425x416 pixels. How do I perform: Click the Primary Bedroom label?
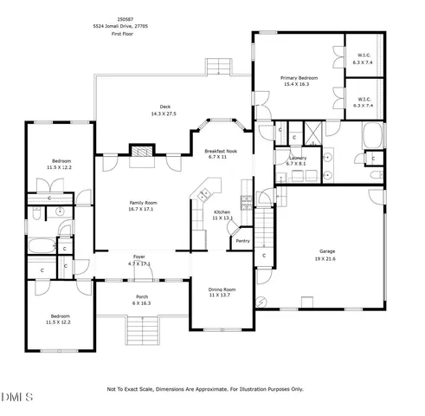tap(299, 79)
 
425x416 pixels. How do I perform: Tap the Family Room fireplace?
tap(141, 152)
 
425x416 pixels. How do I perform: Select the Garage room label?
tap(326, 251)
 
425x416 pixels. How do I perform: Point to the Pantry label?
tap(242, 241)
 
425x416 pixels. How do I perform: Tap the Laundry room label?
tap(298, 158)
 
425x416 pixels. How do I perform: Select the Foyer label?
tap(138, 257)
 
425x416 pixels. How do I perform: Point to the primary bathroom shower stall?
tap(309, 135)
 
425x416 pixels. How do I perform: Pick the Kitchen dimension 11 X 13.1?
tap(222, 218)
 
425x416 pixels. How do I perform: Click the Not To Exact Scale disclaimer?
tap(205, 389)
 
